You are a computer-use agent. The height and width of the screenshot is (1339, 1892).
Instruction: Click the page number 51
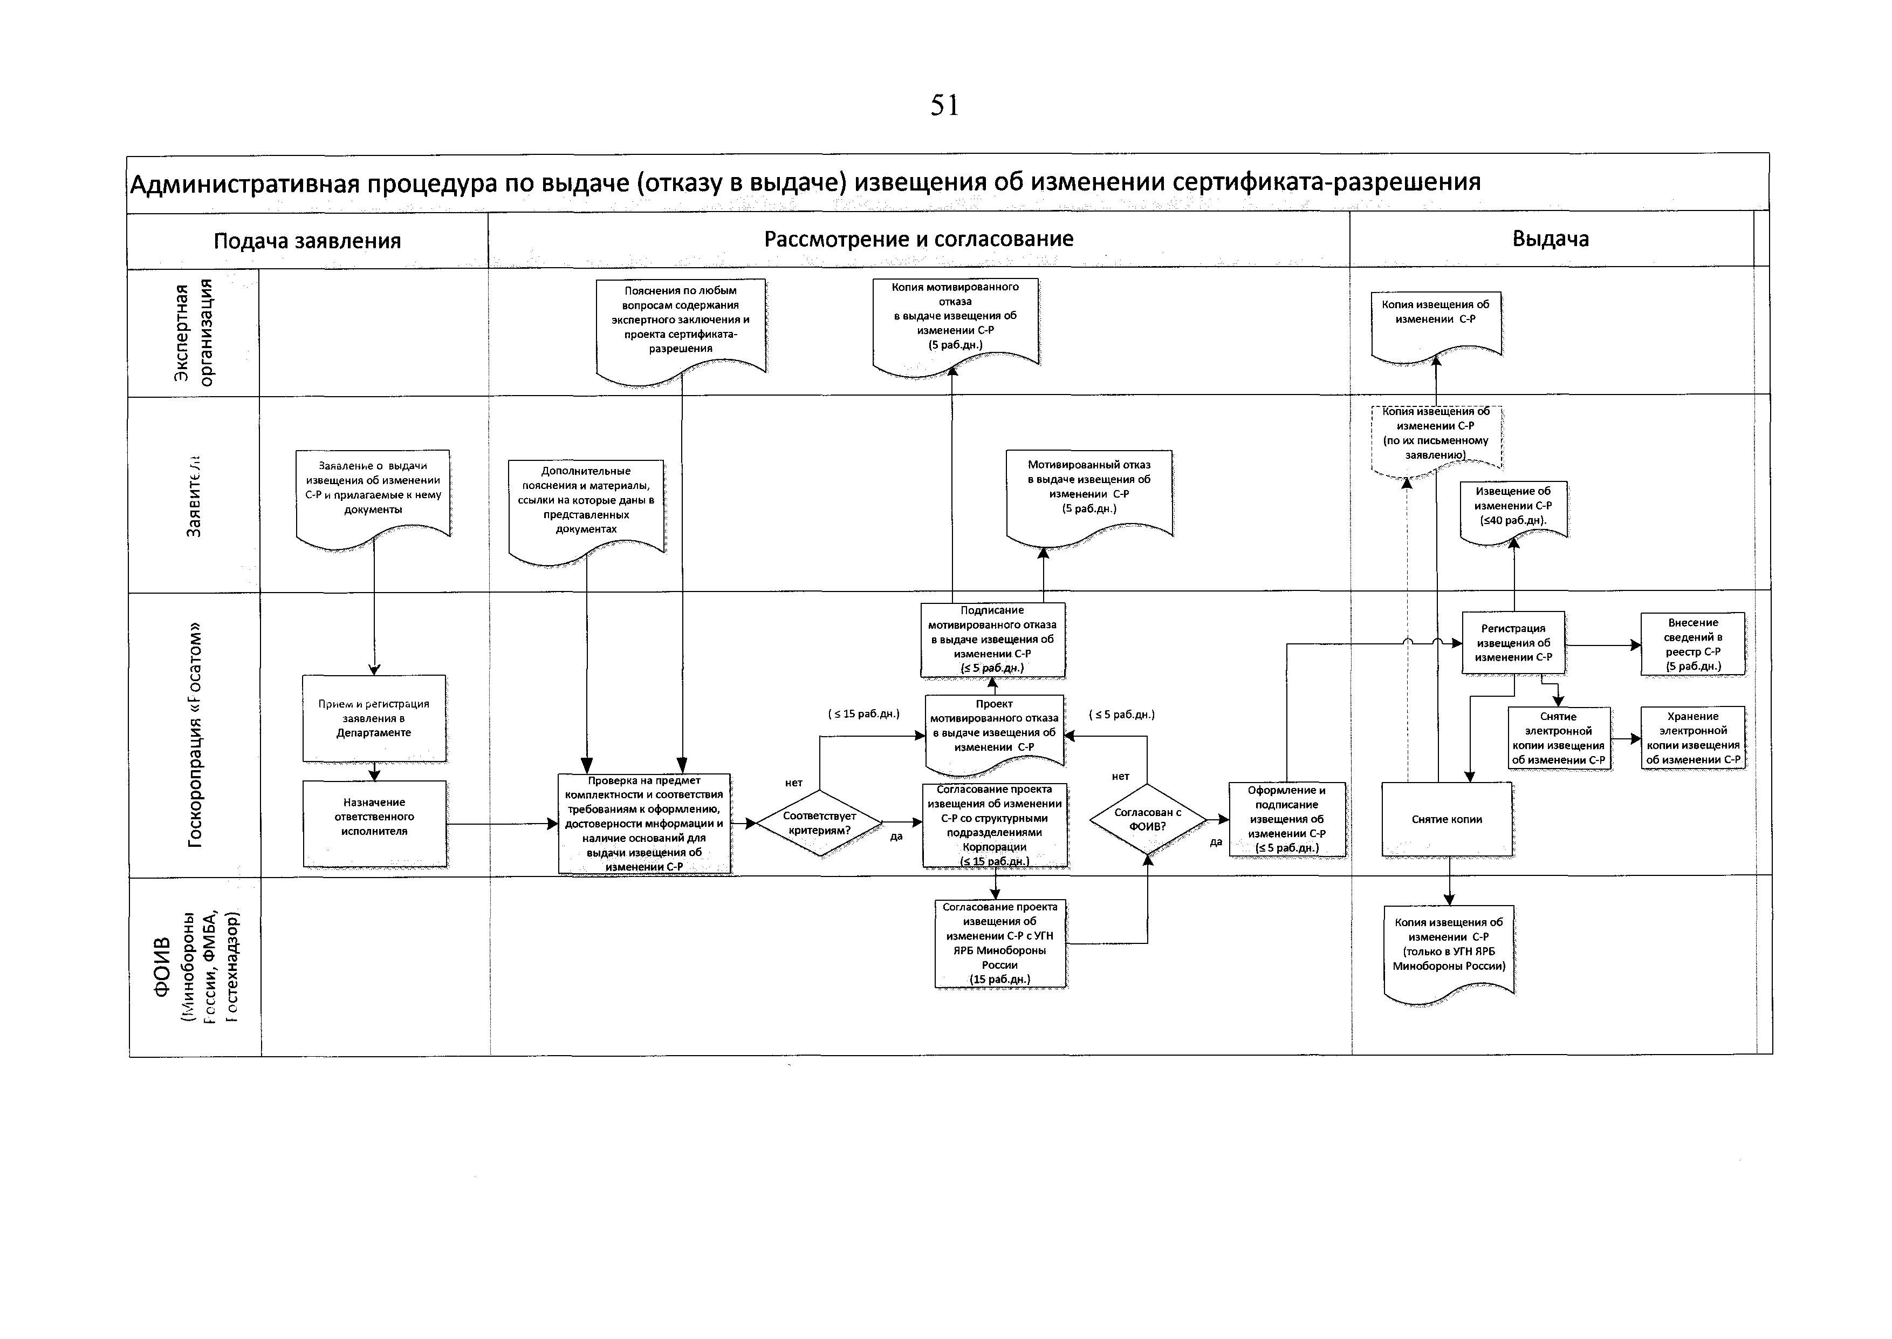pyautogui.click(x=944, y=106)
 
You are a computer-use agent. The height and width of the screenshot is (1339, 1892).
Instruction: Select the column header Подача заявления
pyautogui.click(x=307, y=241)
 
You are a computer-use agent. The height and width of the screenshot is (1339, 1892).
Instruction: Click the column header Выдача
pyautogui.click(x=1550, y=239)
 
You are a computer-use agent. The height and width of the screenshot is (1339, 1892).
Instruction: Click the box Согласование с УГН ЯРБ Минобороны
pyautogui.click(x=999, y=942)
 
